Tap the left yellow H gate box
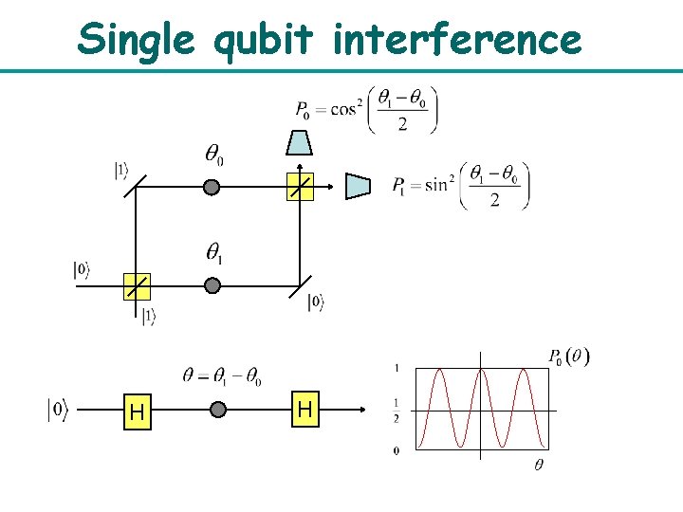coord(137,412)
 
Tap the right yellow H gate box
coord(305,410)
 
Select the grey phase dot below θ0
coord(212,188)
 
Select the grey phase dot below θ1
coord(212,285)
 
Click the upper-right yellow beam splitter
coord(299,188)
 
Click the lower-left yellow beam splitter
coord(137,285)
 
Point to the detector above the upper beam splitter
coord(299,142)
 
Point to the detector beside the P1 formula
coord(358,186)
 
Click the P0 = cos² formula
coord(365,110)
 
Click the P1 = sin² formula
coord(461,186)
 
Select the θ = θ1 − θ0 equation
coord(221,375)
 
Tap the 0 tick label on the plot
coord(396,450)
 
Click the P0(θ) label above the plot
coord(568,357)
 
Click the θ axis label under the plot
coord(538,465)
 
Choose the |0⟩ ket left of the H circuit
coord(58,411)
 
